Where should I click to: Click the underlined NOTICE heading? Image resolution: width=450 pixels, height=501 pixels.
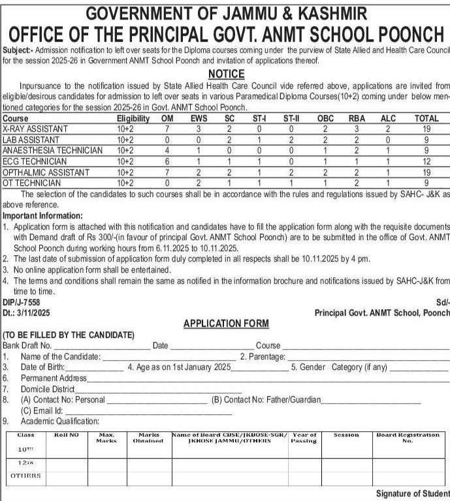(x=225, y=74)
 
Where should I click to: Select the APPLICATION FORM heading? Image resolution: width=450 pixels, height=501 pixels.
(x=225, y=324)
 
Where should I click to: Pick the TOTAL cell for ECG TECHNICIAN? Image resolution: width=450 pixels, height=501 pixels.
(x=425, y=161)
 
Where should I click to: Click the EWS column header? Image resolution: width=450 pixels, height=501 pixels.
(x=199, y=119)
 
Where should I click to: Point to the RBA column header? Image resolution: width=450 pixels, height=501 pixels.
(x=357, y=119)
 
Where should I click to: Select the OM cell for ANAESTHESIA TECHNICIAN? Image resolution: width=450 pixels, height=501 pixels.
(x=167, y=151)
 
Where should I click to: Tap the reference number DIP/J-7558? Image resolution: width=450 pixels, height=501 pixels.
(x=22, y=303)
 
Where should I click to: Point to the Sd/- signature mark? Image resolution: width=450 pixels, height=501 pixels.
(x=442, y=303)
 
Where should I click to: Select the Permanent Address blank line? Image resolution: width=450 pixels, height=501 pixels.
(x=268, y=379)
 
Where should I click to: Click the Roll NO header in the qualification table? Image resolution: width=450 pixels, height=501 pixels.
(x=65, y=434)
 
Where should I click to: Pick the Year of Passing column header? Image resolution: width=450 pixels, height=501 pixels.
(x=304, y=437)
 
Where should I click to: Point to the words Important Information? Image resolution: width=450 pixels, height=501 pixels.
(x=43, y=215)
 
